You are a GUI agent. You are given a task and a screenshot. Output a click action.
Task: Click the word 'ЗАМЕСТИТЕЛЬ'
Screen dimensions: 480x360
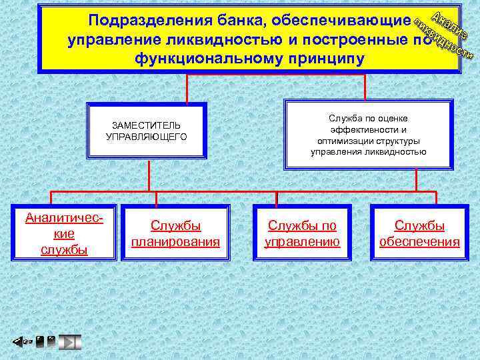pyautogui.click(x=146, y=125)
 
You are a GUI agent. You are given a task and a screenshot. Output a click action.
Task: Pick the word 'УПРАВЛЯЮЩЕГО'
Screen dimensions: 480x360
pyautogui.click(x=146, y=136)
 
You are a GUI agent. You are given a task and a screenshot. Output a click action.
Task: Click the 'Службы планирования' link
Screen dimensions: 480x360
pyautogui.click(x=175, y=233)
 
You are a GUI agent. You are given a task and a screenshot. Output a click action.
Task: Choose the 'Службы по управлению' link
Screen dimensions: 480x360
pyautogui.click(x=302, y=233)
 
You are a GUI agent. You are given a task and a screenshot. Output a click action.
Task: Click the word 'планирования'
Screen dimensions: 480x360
pyautogui.click(x=175, y=241)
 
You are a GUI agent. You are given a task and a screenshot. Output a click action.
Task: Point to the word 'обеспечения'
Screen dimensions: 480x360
pyautogui.click(x=419, y=241)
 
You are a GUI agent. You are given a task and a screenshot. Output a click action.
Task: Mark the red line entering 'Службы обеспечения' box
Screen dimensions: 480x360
pyautogui.click(x=436, y=197)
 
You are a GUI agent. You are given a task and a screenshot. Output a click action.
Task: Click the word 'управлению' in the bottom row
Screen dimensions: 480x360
pyautogui.click(x=302, y=241)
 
